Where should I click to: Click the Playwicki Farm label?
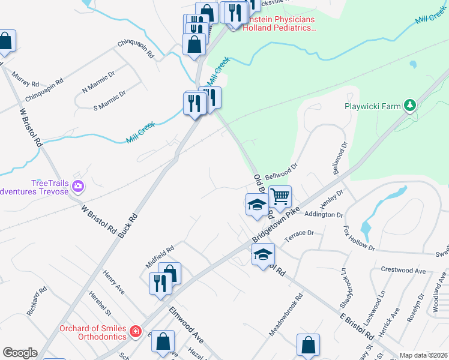372,106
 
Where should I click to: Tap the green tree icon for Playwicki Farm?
410,106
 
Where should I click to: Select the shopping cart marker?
280,196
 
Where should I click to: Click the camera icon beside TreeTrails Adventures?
77,187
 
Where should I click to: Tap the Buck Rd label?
128,224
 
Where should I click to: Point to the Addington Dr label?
324,214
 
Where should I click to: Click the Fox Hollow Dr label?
358,238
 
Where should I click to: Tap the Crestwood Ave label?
403,271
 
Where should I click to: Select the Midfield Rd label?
160,256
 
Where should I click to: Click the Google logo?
20,353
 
